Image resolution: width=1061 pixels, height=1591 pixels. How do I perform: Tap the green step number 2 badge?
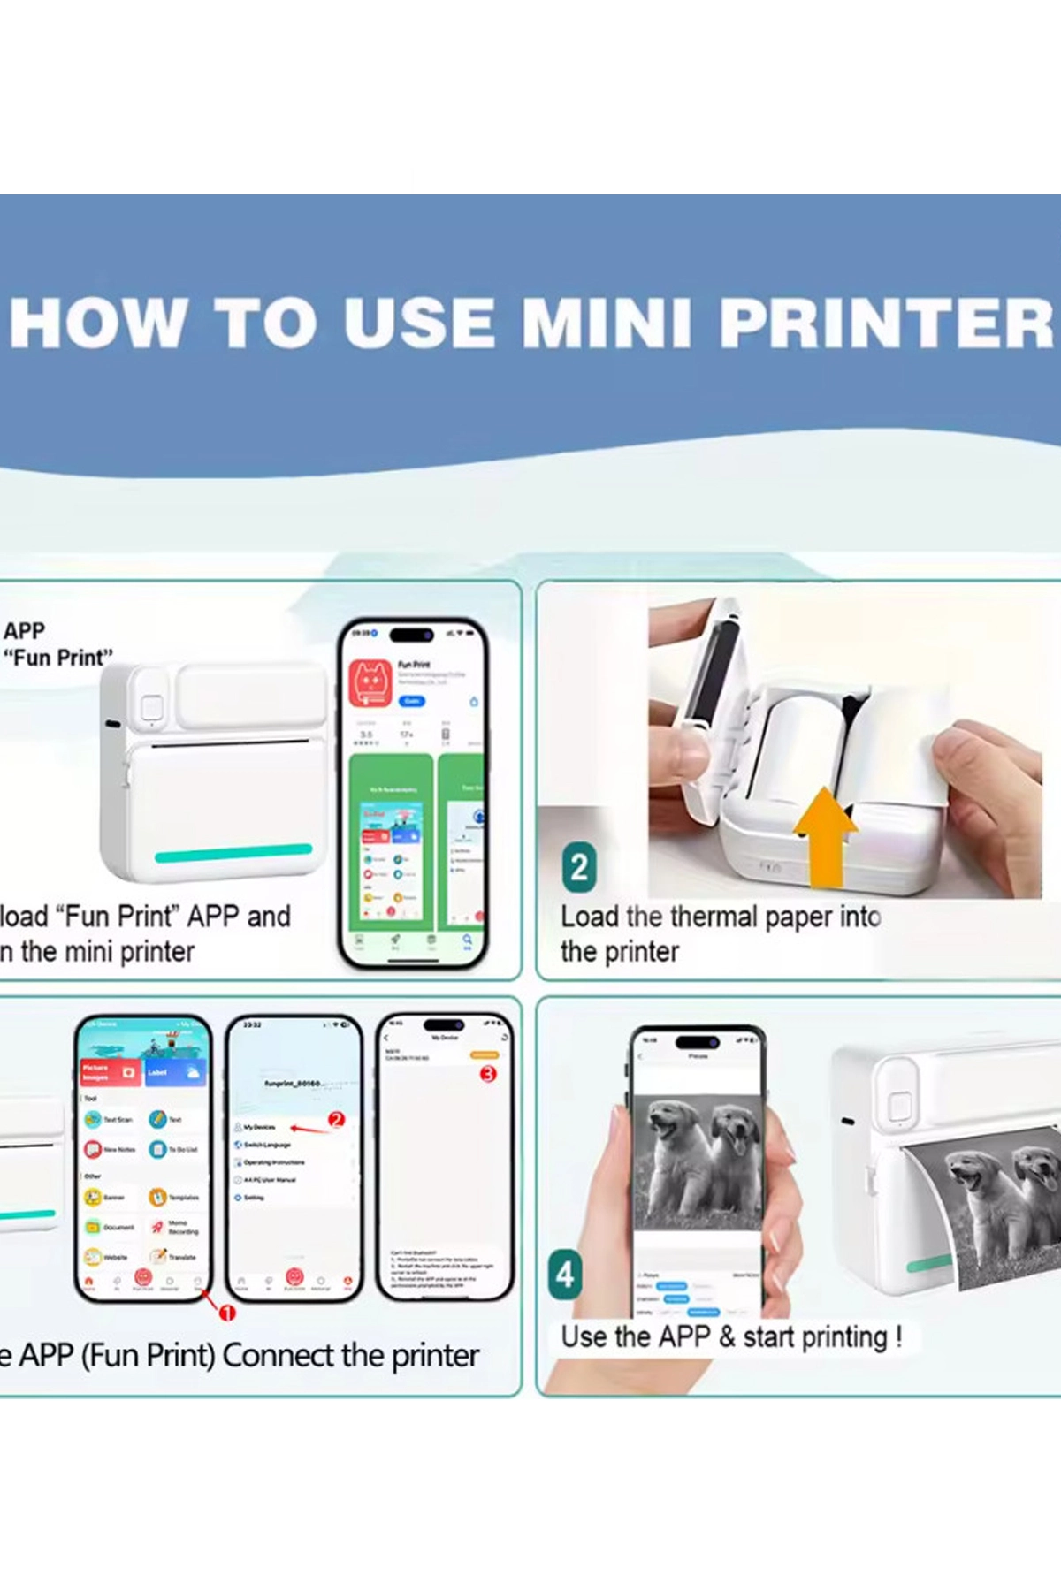point(579,867)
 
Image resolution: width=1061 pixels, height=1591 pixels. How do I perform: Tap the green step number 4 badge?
point(565,1275)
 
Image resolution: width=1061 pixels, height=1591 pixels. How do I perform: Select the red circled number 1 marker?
point(227,1313)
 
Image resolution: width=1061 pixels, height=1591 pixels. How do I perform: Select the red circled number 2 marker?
point(336,1119)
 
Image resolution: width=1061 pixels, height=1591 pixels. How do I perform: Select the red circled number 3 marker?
point(488,1074)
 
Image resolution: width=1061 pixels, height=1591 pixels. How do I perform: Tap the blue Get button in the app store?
point(412,701)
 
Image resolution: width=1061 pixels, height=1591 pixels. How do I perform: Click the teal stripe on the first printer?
point(233,853)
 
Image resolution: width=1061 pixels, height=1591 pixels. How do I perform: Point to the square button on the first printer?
point(152,707)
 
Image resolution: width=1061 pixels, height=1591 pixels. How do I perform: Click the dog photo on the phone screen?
point(698,1160)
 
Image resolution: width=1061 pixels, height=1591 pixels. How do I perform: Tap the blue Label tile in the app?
point(176,1072)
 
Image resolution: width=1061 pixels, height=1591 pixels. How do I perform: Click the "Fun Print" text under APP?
point(57,658)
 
